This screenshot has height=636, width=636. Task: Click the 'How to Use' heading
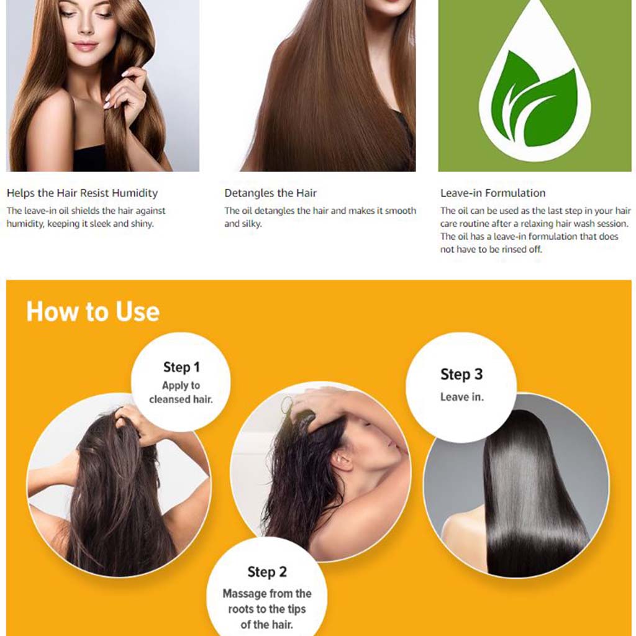[x=93, y=312]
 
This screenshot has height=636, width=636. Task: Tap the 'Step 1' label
[x=181, y=367]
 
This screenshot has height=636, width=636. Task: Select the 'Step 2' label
[x=267, y=572]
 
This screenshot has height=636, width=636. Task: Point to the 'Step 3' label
[x=461, y=375]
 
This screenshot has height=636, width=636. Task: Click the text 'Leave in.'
[x=461, y=397]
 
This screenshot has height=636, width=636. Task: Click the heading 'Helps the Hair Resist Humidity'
[x=82, y=193]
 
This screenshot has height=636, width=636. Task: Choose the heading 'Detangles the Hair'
[x=270, y=193]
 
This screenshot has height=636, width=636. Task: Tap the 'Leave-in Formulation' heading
[x=493, y=193]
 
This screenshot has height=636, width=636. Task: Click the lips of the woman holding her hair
[x=86, y=47]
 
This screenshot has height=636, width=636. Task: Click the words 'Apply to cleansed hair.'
[x=181, y=393]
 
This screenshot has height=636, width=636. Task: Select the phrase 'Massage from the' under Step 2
[x=267, y=594]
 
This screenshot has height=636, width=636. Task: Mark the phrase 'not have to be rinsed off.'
[x=491, y=250]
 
